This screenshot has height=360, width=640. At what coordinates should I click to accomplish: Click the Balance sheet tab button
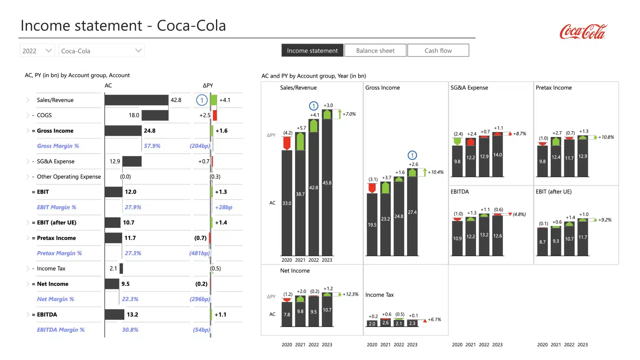[x=375, y=50]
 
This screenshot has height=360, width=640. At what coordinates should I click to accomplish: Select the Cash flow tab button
[x=438, y=50]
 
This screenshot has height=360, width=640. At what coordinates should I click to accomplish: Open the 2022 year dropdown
[x=37, y=51]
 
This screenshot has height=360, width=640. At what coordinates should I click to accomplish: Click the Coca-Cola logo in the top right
[x=583, y=32]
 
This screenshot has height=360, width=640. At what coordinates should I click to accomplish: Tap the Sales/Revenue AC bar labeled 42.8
[x=136, y=100]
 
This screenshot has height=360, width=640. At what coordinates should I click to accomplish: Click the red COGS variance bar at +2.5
[x=215, y=115]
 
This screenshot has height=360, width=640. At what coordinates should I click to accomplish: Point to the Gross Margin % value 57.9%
[x=152, y=146]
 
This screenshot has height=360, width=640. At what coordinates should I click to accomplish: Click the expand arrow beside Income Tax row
[x=28, y=268]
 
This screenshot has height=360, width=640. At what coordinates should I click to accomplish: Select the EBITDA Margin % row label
[x=61, y=330]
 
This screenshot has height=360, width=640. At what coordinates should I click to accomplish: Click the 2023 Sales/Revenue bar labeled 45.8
[x=327, y=187]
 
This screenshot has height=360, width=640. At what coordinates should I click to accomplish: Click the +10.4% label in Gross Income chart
[x=435, y=172]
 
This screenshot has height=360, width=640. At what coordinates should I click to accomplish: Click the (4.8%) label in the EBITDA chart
[x=519, y=214]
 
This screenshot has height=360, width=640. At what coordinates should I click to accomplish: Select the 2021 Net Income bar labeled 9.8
[x=300, y=312]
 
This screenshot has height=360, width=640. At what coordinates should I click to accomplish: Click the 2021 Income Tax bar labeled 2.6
[x=385, y=323]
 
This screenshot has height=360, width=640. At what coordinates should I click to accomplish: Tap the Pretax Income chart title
[x=554, y=88]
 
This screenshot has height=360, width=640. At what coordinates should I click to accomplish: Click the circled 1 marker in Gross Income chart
[x=412, y=155]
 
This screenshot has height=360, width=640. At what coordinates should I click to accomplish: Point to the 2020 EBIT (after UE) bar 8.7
[x=542, y=242]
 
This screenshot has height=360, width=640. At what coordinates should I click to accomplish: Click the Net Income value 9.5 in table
[x=125, y=284]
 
